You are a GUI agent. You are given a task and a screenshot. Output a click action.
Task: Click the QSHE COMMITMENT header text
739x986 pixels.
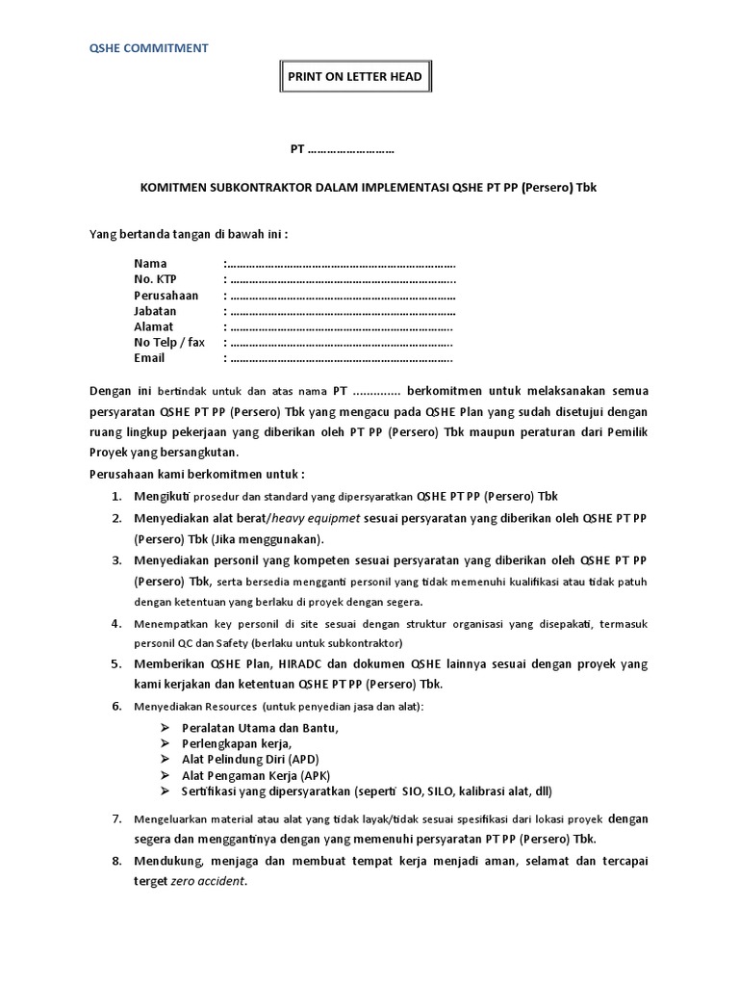pos(149,47)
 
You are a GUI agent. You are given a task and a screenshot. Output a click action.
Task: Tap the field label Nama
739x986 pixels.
pos(150,263)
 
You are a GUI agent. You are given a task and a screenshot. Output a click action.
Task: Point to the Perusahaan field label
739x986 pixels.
pos(166,295)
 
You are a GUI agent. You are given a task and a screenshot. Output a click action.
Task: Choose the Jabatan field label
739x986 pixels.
pos(155,311)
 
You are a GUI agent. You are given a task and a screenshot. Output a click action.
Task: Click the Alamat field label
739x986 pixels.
pos(153,326)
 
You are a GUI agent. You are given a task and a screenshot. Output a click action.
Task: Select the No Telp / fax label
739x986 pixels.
pos(169,342)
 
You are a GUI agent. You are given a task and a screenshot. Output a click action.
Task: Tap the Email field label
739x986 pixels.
pos(149,358)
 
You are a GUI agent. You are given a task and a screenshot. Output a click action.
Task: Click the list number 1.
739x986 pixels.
pos(115,497)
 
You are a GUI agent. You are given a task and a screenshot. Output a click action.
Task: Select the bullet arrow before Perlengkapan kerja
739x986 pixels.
pos(165,744)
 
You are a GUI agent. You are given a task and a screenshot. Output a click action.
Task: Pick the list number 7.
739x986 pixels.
pos(115,818)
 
